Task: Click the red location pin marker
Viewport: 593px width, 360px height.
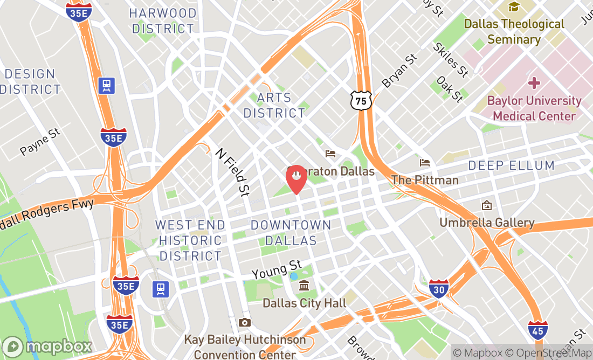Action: tap(296, 178)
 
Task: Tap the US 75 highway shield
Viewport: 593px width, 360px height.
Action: tap(361, 99)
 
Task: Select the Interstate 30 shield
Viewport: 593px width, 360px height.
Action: tap(439, 289)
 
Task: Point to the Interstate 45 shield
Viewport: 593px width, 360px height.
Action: tap(537, 328)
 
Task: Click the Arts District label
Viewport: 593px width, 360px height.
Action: tap(274, 106)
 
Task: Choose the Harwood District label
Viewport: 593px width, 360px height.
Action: tap(163, 20)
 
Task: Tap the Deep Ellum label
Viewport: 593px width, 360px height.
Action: tap(511, 165)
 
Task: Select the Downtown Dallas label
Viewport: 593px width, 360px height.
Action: tap(291, 232)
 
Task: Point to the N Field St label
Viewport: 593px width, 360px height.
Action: tap(233, 172)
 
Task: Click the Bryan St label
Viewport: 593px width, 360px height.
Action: tap(399, 71)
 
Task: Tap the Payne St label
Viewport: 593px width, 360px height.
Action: tap(40, 142)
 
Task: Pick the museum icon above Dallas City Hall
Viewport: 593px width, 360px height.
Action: tap(304, 286)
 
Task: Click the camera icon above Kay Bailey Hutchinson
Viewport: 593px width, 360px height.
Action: tap(245, 322)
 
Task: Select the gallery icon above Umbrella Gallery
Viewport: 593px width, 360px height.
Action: tap(487, 205)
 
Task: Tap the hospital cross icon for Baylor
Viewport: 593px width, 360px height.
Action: tap(534, 83)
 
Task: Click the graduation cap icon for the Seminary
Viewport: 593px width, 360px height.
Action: tap(514, 7)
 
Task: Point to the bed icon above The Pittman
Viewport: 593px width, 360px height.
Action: tap(425, 162)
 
